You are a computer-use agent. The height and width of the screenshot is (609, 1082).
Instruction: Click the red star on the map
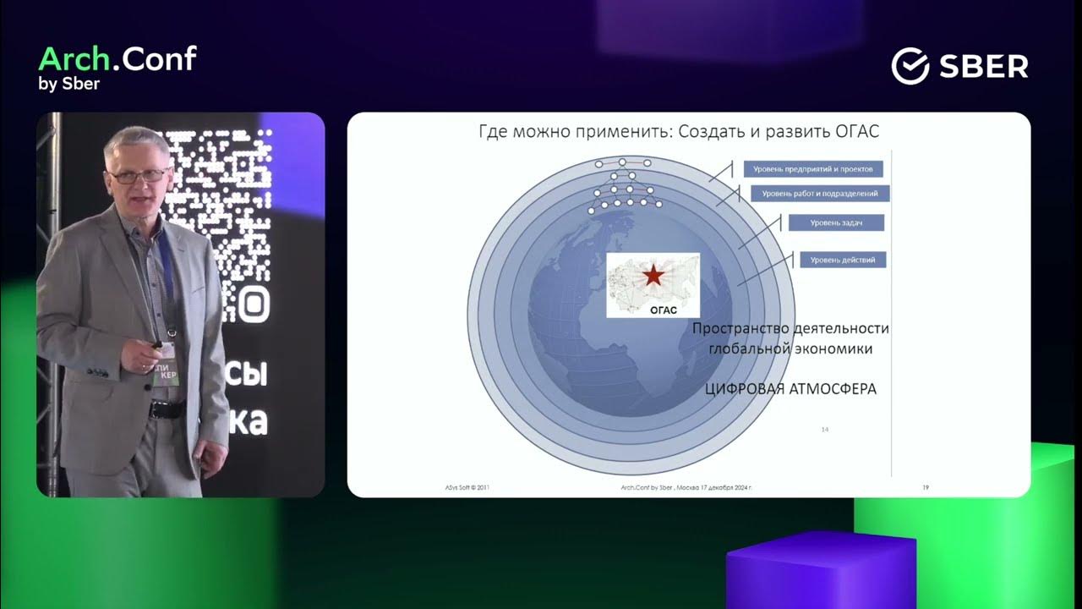[653, 275]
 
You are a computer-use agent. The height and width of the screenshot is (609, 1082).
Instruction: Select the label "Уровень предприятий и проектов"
[813, 169]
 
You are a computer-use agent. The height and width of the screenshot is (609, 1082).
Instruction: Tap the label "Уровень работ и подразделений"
[820, 194]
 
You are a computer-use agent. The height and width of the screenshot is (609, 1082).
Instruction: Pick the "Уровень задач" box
[836, 222]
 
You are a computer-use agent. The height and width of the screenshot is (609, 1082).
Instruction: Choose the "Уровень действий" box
[842, 260]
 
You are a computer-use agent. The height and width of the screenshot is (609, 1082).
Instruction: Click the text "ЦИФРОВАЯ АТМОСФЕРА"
[790, 389]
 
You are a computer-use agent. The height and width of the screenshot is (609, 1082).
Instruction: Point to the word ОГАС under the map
[664, 310]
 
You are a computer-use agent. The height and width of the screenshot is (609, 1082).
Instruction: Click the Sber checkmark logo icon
[910, 66]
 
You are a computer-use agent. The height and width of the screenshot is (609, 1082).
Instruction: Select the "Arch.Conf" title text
[117, 59]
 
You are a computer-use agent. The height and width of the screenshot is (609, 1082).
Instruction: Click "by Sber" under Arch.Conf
[69, 84]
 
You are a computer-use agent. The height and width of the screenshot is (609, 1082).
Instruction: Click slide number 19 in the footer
[926, 488]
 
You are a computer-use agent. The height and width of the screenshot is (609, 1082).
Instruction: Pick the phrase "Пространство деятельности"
[790, 328]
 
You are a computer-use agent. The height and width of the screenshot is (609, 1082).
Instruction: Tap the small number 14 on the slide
[824, 431]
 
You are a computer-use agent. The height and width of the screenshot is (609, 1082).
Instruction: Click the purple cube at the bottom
[820, 571]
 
